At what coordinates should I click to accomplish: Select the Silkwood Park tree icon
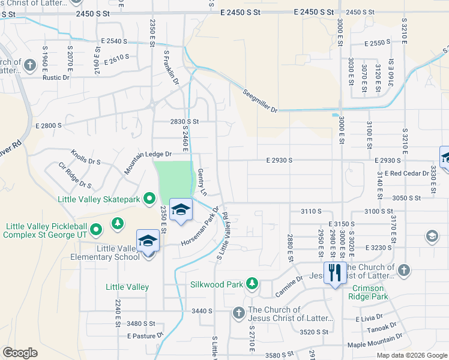[x=253, y=283]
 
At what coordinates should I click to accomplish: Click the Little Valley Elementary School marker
[x=148, y=241]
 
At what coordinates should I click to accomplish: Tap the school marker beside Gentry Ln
[x=181, y=210]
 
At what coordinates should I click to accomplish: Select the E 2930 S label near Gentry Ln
[x=279, y=161]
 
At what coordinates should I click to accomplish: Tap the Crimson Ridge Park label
[x=368, y=292]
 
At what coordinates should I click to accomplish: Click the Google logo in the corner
[x=20, y=353]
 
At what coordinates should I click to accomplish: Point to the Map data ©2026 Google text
[x=412, y=355]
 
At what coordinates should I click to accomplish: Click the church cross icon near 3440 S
[x=238, y=313]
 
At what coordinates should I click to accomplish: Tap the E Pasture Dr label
[x=145, y=336]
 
